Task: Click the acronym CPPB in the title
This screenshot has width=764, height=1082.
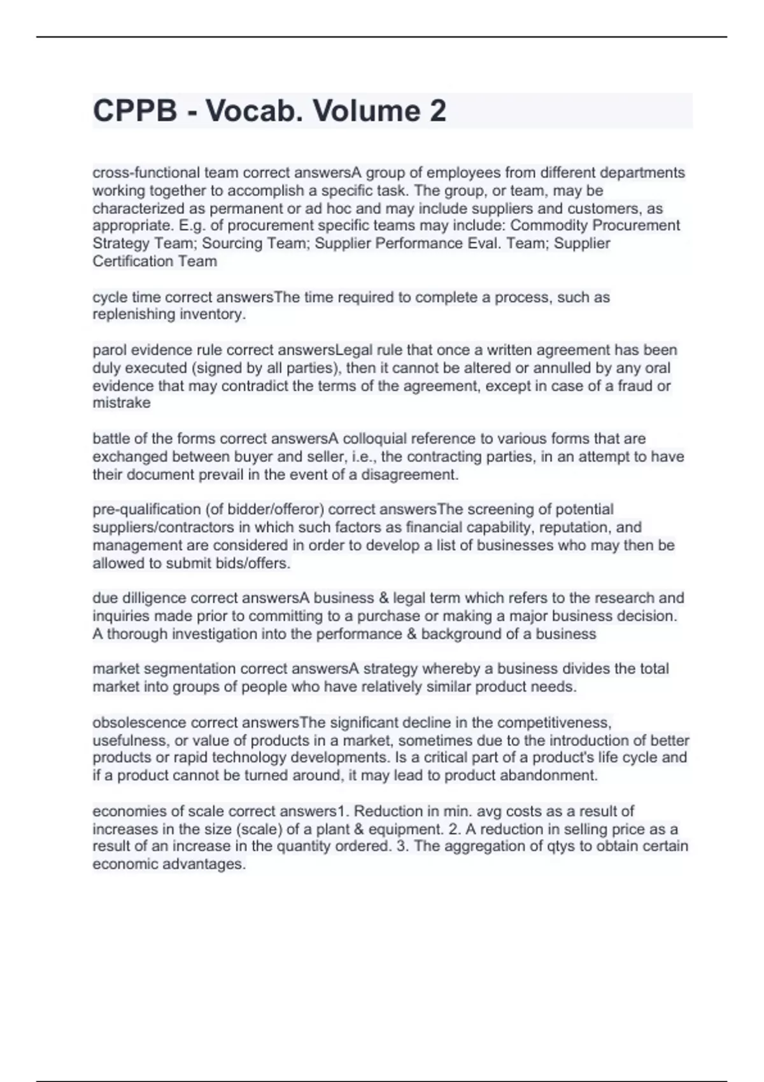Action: pyautogui.click(x=135, y=111)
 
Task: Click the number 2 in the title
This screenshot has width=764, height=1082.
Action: pyautogui.click(x=437, y=111)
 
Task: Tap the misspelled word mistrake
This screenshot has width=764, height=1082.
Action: pyautogui.click(x=122, y=403)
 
